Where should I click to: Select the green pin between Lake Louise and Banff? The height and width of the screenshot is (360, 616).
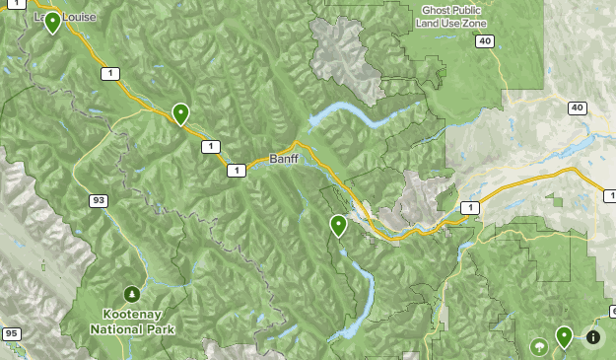click(180, 113)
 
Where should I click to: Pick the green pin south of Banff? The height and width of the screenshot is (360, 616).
click(338, 226)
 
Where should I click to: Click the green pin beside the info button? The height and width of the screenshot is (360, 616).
click(564, 336)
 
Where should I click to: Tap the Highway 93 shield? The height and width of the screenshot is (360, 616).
click(98, 200)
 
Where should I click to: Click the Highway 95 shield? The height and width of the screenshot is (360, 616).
click(11, 334)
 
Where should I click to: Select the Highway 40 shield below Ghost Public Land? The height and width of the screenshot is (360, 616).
click(483, 40)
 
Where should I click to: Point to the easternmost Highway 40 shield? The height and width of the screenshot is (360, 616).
click(577, 108)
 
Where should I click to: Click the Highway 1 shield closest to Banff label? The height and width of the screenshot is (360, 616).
click(236, 171)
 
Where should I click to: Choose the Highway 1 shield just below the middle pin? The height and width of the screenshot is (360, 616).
click(209, 146)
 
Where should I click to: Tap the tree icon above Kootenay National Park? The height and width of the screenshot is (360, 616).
click(131, 293)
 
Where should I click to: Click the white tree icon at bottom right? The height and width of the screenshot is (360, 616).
click(538, 347)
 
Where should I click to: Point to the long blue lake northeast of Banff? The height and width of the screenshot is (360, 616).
click(350, 113)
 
